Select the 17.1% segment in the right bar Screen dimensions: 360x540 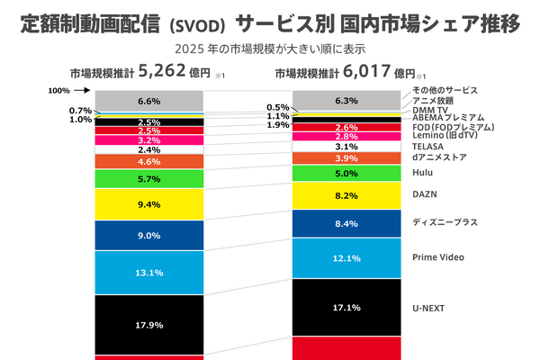point(346,307)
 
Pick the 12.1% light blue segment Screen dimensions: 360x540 point(346,258)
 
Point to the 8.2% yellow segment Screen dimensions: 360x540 point(346,194)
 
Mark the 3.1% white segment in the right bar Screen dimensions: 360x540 point(346,146)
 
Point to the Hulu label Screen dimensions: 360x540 point(422,173)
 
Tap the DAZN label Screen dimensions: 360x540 point(424,194)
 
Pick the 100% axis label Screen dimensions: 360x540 point(58,91)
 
